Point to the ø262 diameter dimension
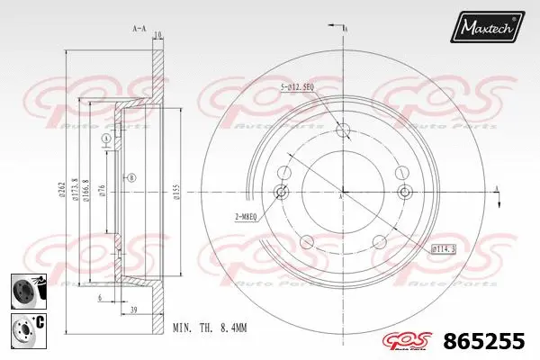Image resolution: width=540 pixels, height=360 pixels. coord(60,188)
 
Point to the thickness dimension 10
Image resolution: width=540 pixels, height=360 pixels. coord(157,35)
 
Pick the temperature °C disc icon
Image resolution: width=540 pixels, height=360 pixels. coord(25,329)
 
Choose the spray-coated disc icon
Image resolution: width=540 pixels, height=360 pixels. coord(25,290)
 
